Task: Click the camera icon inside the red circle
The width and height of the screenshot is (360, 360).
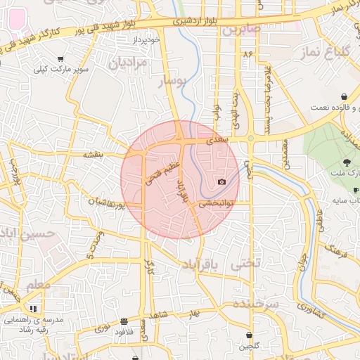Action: coord(222,181)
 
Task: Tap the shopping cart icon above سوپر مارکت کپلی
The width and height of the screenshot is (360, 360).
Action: coord(60,60)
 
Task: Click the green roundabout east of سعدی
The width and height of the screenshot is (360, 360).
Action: coord(250,139)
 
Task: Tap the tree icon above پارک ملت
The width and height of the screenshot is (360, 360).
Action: coord(347,162)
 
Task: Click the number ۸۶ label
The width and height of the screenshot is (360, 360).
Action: coord(247,53)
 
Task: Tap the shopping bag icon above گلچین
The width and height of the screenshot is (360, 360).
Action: coord(251,334)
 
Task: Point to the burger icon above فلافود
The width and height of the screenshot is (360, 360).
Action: coord(124,320)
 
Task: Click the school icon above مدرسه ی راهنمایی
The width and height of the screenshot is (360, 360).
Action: coord(32,308)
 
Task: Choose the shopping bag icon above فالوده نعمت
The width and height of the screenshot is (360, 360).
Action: coord(343,96)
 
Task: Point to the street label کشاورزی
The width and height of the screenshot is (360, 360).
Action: coord(310,307)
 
